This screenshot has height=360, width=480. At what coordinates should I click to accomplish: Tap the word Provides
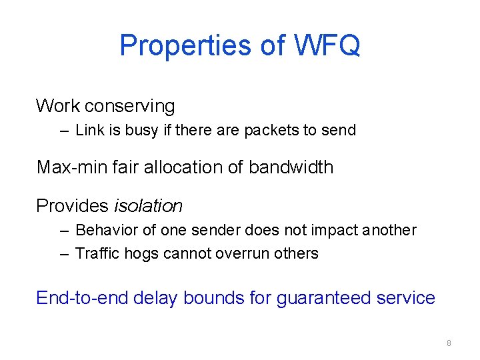pos(72,206)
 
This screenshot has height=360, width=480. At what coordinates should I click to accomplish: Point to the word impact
pos(336,231)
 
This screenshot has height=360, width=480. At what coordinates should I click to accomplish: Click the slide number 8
pos(449,343)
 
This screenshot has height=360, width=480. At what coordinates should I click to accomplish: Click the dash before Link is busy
pos(63,131)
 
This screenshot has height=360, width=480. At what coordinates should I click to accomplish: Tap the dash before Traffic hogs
pos(63,254)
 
